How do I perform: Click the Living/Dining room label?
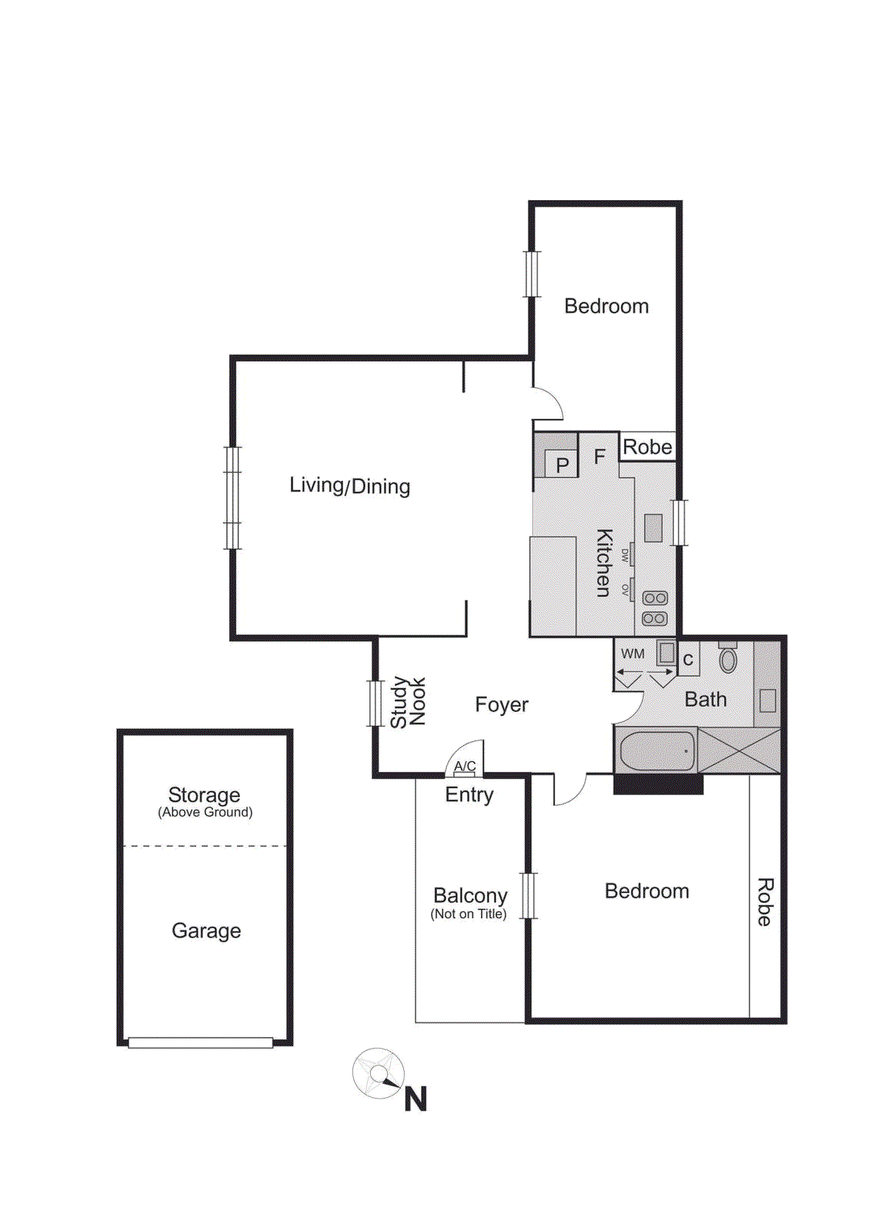(349, 485)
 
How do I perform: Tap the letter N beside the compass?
(415, 1099)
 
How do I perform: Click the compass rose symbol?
(379, 1073)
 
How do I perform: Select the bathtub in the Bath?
(657, 751)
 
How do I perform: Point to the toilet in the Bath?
(728, 659)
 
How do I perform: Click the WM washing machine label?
(632, 654)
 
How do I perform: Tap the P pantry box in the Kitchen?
(562, 464)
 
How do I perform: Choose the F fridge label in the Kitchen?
(599, 457)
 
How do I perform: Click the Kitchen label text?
(605, 562)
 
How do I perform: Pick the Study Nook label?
(408, 702)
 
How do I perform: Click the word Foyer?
(502, 705)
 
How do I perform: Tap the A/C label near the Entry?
(465, 766)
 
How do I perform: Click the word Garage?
(206, 931)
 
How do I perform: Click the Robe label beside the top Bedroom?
(647, 447)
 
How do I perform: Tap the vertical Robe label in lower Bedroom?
(765, 902)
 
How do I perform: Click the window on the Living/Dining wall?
(232, 498)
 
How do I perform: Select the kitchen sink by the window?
(653, 528)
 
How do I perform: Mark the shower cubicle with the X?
(739, 750)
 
